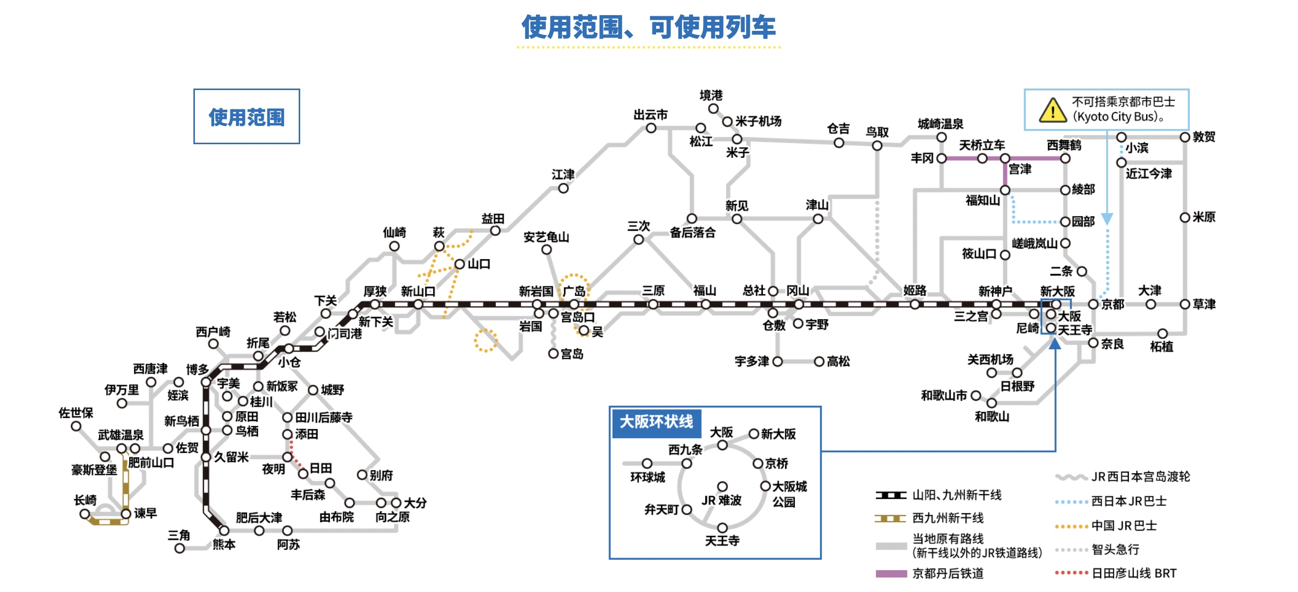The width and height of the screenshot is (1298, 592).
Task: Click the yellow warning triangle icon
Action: [1052, 110]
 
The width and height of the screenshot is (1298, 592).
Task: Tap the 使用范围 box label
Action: [247, 117]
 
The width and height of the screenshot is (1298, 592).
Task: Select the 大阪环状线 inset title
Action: [656, 422]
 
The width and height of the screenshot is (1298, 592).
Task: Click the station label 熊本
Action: [224, 544]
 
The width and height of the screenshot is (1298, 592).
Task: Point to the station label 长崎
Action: [85, 500]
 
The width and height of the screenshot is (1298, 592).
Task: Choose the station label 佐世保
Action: [76, 413]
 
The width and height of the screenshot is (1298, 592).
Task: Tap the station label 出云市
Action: [651, 115]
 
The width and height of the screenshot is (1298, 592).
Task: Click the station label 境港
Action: [711, 95]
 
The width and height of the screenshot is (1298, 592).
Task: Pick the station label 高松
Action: [838, 361]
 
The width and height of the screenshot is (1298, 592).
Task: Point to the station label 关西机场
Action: [990, 359]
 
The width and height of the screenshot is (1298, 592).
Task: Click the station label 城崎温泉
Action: [941, 124]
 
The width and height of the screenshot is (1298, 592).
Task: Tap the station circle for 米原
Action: [1185, 218]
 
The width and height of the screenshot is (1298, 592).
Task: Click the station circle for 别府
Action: [362, 475]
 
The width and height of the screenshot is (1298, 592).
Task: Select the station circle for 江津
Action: [563, 188]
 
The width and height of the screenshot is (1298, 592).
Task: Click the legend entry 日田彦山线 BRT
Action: [1134, 573]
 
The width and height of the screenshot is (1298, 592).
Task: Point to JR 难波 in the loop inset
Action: [721, 500]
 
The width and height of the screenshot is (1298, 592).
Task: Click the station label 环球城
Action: [647, 477]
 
